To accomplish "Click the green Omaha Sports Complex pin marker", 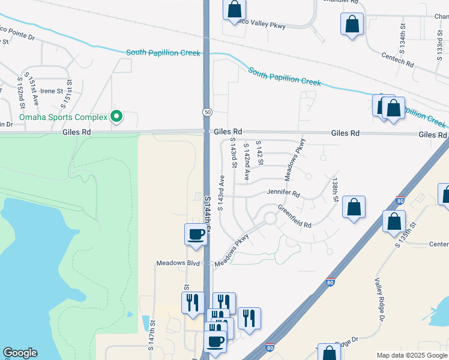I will tap(118, 116).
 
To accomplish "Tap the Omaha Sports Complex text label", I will tap(63, 116).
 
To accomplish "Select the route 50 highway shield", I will tap(206, 112).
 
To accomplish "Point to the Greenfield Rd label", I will tap(294, 216).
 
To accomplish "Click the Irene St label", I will tap(52, 91).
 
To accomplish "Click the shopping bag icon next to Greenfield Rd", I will tap(354, 208).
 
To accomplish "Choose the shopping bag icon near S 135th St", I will tap(394, 221).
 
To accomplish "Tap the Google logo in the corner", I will tap(20, 353).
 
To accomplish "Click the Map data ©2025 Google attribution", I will tap(411, 355).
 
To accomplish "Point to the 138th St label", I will tap(335, 189).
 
